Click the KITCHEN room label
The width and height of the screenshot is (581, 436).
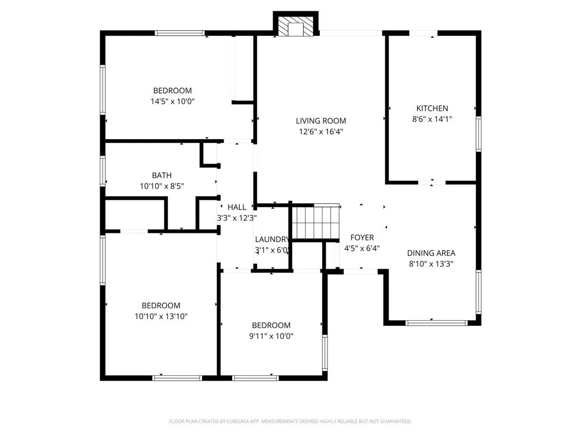(432, 108)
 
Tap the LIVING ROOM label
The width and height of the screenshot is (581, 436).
(321, 121)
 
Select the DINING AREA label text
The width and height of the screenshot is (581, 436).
(431, 253)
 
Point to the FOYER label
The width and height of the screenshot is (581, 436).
(362, 237)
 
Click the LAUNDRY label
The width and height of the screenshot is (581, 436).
(272, 240)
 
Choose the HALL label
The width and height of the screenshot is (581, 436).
(237, 207)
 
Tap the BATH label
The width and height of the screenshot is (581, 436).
(161, 175)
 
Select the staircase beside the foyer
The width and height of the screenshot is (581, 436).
(314, 222)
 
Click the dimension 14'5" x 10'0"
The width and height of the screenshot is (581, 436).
(172, 102)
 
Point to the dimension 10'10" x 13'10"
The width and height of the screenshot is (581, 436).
(161, 316)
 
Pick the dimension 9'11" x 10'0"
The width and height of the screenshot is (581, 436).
(271, 336)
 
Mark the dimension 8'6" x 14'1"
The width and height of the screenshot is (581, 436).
(432, 119)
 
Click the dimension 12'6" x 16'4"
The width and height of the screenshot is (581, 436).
(321, 132)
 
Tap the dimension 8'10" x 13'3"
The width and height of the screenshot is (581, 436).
(431, 264)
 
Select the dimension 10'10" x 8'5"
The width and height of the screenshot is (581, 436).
(161, 186)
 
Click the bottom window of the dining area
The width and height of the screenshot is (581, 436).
(436, 322)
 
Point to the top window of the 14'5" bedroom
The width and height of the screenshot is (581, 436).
(180, 33)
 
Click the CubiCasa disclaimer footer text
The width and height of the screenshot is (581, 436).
(290, 421)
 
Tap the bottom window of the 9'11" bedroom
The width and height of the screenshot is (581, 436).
(255, 377)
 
